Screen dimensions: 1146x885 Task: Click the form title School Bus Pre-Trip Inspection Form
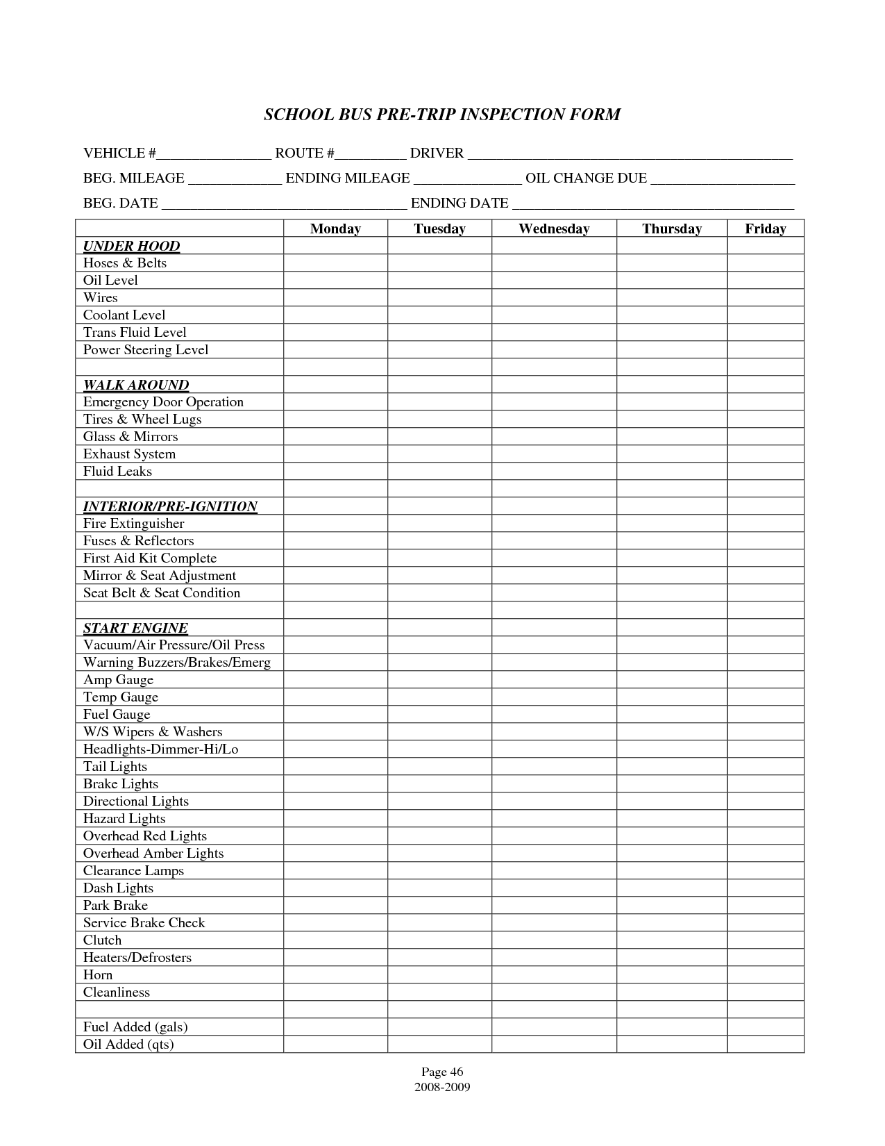[442, 115]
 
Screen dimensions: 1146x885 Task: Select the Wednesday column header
[554, 229]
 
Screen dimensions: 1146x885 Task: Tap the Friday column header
[765, 229]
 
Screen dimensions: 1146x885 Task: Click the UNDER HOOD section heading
[131, 246]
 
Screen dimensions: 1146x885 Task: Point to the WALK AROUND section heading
[136, 385]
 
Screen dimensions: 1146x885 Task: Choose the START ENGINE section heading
[135, 628]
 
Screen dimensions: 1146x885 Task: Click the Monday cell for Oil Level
[335, 280]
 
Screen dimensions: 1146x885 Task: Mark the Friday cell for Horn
[765, 974]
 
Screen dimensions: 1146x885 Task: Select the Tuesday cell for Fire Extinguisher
[439, 523]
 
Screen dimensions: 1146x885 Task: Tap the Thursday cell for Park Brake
[671, 905]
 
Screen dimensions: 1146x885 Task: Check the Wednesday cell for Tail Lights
[554, 766]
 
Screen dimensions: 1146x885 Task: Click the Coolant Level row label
[124, 315]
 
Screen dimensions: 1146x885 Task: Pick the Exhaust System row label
[129, 454]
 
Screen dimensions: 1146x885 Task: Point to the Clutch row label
[102, 940]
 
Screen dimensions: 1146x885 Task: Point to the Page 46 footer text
[442, 1072]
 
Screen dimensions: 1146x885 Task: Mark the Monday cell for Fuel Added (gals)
[335, 1027]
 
